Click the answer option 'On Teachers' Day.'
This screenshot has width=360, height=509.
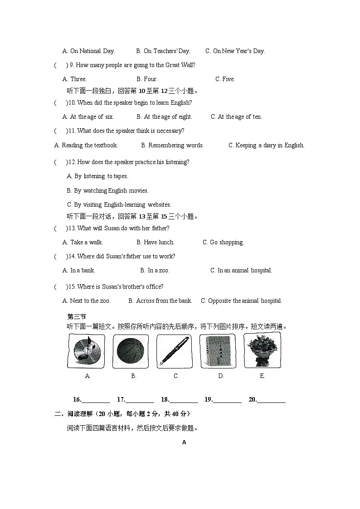(x=163, y=51)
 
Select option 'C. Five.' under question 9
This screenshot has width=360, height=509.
(x=225, y=79)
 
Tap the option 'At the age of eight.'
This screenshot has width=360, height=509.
(x=164, y=117)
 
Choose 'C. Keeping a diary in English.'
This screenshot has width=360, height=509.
(x=266, y=145)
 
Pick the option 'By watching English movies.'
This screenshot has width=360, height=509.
(x=107, y=191)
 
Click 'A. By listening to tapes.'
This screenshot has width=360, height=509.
(x=97, y=176)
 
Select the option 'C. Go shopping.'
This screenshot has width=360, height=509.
(x=223, y=242)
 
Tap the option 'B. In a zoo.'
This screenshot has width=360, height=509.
(x=155, y=271)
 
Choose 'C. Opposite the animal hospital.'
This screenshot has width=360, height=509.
(x=241, y=301)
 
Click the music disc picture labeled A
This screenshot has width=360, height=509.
(x=86, y=351)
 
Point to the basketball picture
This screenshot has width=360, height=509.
(x=131, y=351)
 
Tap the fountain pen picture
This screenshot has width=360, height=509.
(x=174, y=351)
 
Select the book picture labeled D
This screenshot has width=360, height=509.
(x=218, y=351)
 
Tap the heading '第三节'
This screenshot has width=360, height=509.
(x=77, y=317)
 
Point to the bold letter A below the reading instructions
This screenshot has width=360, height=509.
(x=184, y=442)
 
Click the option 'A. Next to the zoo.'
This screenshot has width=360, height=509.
(x=86, y=301)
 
